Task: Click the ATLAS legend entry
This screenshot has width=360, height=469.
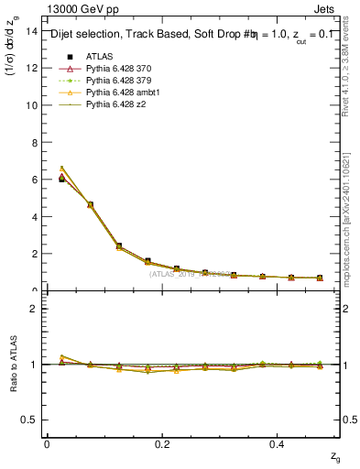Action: click(99, 57)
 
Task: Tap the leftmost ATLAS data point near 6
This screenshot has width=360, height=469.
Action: click(61, 180)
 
